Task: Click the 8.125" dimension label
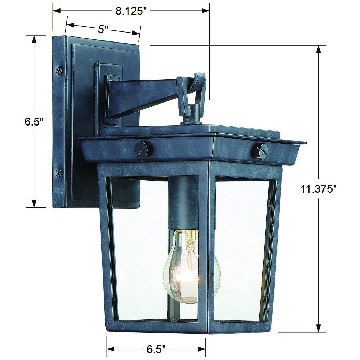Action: (x=131, y=11)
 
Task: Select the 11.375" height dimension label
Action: (x=319, y=189)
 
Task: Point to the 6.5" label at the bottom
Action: (x=156, y=349)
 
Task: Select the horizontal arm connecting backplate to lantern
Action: (x=143, y=93)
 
